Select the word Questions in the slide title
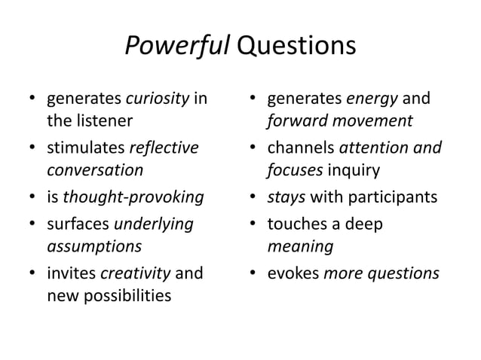coord(296,46)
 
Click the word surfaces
coord(78,224)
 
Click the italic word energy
coord(371,98)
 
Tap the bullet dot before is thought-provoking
coord(32,199)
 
